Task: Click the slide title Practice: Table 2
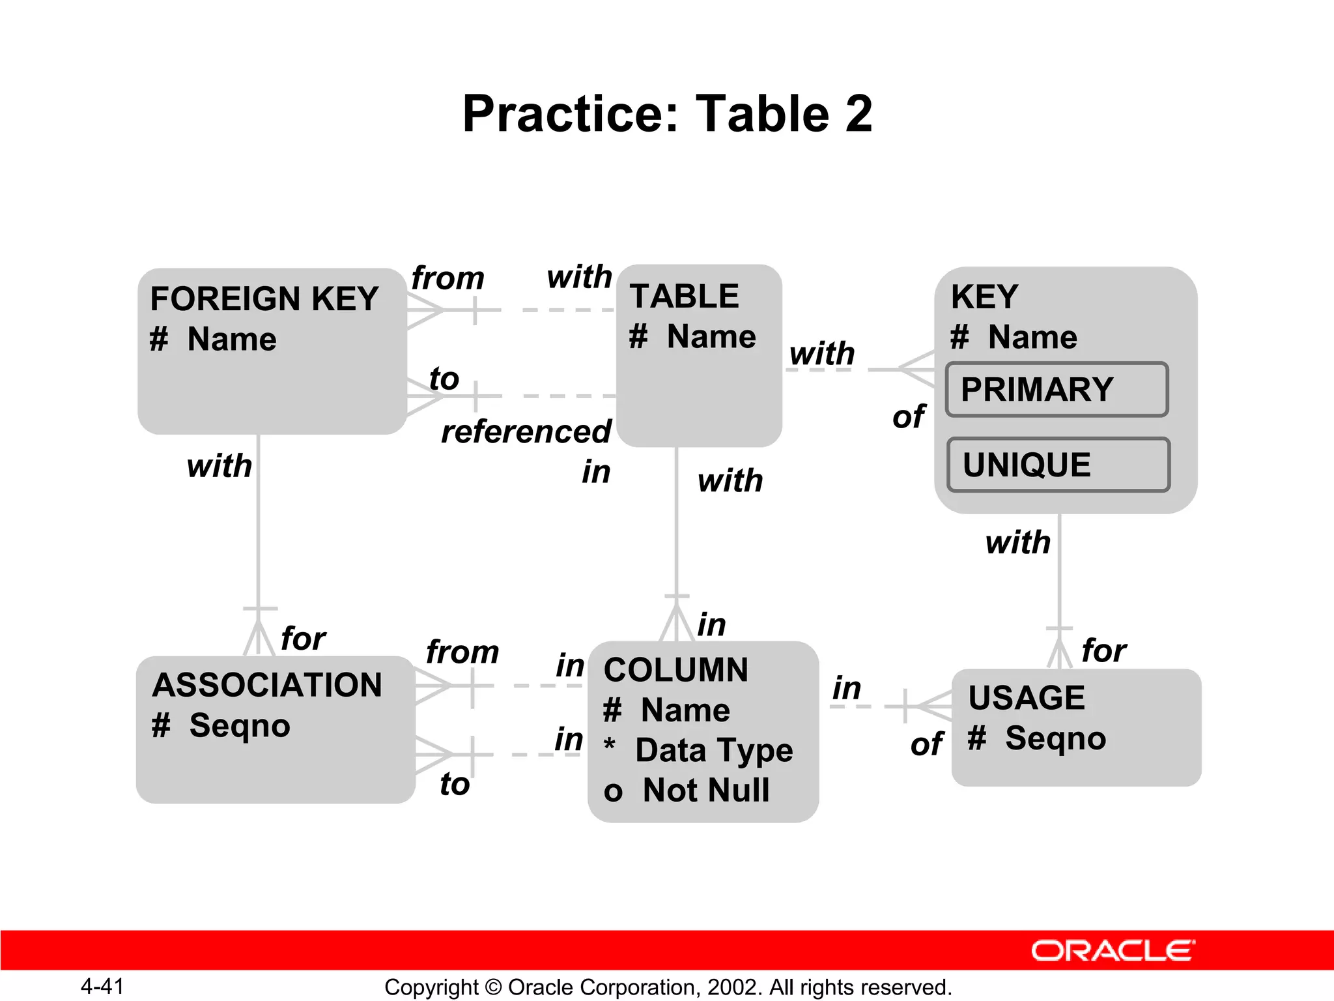(667, 114)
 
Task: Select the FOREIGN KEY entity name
(264, 299)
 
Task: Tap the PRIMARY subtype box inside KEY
(1057, 390)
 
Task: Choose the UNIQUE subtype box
(1058, 465)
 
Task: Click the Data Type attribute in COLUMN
(714, 750)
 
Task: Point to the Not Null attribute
(705, 791)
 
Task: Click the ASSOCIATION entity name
(267, 686)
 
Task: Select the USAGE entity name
(1027, 698)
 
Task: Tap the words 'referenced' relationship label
(526, 432)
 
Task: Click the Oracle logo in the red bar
(1113, 951)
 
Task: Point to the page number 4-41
(102, 986)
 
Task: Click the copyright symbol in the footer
(494, 987)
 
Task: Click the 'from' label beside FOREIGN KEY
(448, 278)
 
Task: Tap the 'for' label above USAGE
(1104, 650)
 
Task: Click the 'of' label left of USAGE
(926, 744)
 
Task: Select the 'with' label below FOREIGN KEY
(220, 467)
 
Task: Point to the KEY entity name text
(984, 297)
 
